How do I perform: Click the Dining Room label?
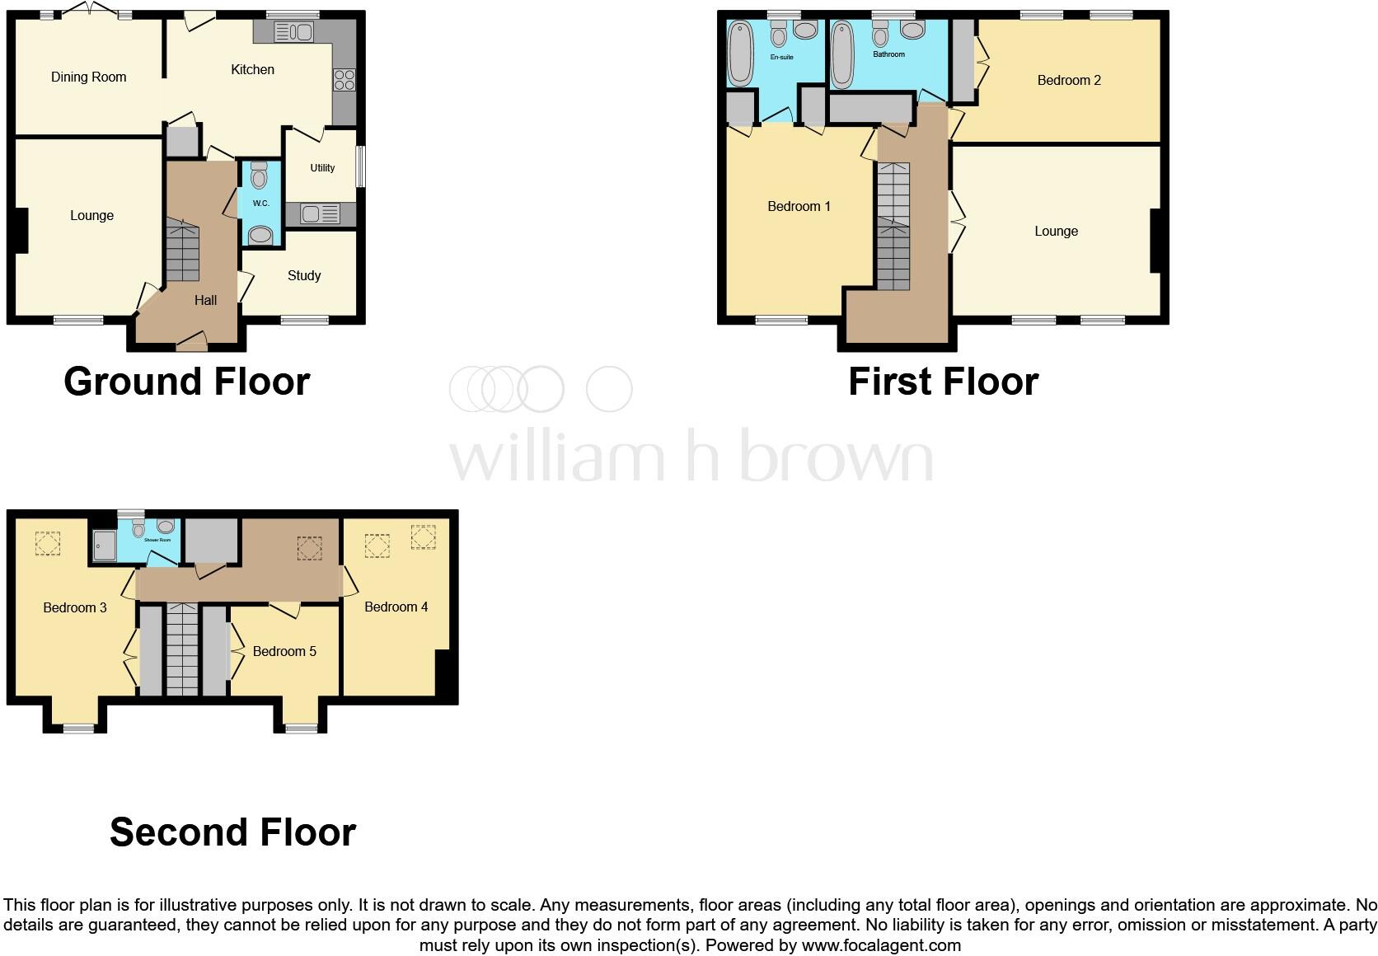tap(88, 77)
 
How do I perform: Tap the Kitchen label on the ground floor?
tap(252, 70)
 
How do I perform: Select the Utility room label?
tap(322, 168)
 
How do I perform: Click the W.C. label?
tap(260, 204)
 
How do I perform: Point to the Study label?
tap(304, 276)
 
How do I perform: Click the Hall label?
tap(205, 301)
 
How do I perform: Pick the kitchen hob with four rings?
tap(344, 80)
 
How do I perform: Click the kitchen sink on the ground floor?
tap(293, 33)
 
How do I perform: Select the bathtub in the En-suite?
tap(740, 54)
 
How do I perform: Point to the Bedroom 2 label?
tap(1069, 81)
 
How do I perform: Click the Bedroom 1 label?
tap(799, 207)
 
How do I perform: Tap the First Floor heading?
tap(943, 382)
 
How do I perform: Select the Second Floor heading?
tap(232, 832)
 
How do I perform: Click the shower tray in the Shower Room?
tap(104, 545)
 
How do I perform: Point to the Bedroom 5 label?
tap(284, 652)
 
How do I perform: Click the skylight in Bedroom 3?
tap(47, 544)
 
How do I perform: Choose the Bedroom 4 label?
tap(396, 607)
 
